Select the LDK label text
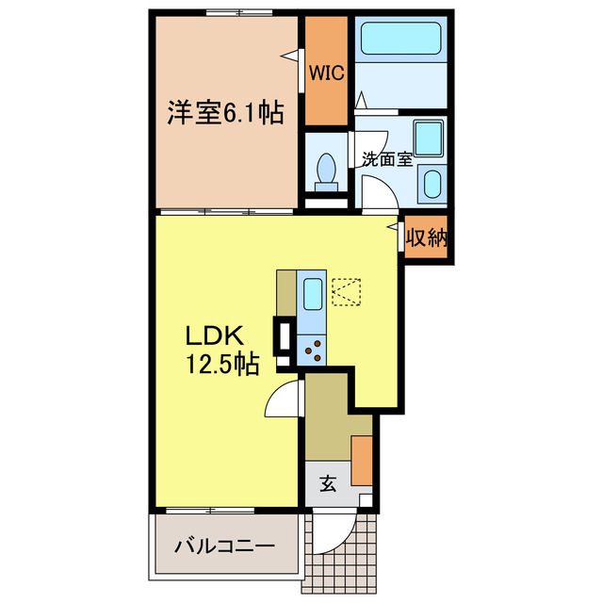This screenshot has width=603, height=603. pos(214,334)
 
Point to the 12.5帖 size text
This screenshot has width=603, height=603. pos(222,362)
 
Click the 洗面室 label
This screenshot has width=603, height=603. pos(387,158)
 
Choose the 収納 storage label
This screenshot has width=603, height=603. pos(425,238)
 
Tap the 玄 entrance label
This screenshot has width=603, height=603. pos(327,484)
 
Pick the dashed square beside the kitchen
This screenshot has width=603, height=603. pos(347,291)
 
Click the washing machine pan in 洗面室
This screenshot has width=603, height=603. pos(428,139)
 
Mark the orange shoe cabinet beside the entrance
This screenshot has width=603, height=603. pos(362,460)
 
